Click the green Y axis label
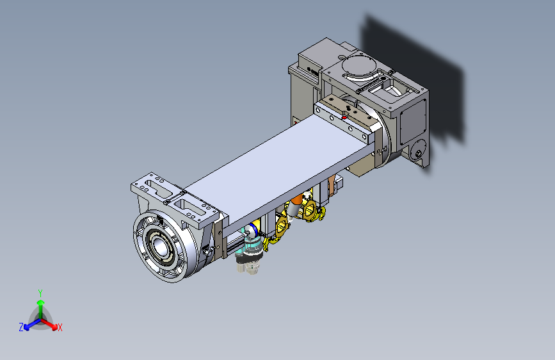tap(40, 293)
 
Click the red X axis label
tap(60, 327)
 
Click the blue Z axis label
tap(21, 327)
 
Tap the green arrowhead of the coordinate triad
tap(41, 303)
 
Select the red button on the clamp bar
tap(344, 117)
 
